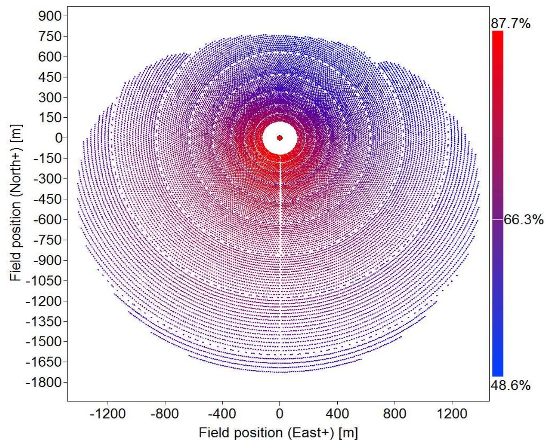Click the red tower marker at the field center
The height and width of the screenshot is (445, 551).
(x=280, y=138)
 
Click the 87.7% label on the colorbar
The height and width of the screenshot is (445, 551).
(x=510, y=24)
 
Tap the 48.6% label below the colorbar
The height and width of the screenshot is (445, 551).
(x=510, y=385)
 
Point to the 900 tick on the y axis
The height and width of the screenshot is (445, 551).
(x=50, y=16)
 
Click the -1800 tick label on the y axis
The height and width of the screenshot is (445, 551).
(x=44, y=382)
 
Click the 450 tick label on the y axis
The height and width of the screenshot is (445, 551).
(x=50, y=77)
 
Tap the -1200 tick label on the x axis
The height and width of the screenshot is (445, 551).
(x=108, y=414)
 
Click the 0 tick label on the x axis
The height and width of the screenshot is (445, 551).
(x=280, y=414)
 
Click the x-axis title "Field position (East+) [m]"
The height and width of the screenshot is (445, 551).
(x=278, y=432)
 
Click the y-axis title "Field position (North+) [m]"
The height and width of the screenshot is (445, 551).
(x=16, y=203)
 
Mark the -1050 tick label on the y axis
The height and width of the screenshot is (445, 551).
(x=44, y=280)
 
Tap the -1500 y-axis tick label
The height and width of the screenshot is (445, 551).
(x=44, y=342)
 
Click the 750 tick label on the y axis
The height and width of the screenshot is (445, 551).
(x=50, y=36)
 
